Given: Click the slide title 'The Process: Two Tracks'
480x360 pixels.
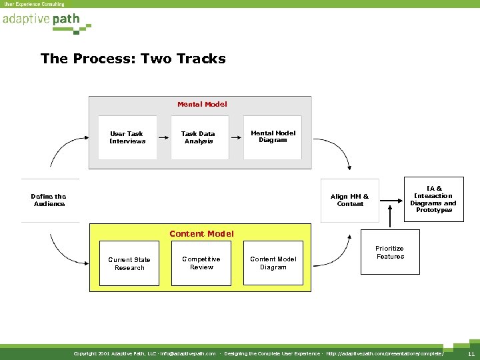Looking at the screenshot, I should pyautogui.click(x=133, y=59).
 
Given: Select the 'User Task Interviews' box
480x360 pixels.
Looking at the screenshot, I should pyautogui.click(x=127, y=138).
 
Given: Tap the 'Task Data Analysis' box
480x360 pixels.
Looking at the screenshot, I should pyautogui.click(x=198, y=138).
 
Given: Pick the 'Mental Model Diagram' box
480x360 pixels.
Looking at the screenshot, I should pyautogui.click(x=273, y=137).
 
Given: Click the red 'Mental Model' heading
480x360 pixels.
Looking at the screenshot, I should pyautogui.click(x=202, y=104).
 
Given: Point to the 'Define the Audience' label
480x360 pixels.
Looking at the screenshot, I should pyautogui.click(x=49, y=200).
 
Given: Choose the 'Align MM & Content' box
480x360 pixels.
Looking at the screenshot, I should pyautogui.click(x=350, y=200).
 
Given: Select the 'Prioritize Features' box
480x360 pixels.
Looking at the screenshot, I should pyautogui.click(x=390, y=253).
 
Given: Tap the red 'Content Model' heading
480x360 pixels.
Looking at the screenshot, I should pyautogui.click(x=201, y=234).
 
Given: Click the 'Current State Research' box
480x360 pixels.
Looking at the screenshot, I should pyautogui.click(x=129, y=264).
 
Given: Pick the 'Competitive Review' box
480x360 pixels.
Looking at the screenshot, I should pyautogui.click(x=201, y=263).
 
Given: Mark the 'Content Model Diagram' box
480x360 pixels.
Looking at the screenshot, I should pyautogui.click(x=273, y=263).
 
